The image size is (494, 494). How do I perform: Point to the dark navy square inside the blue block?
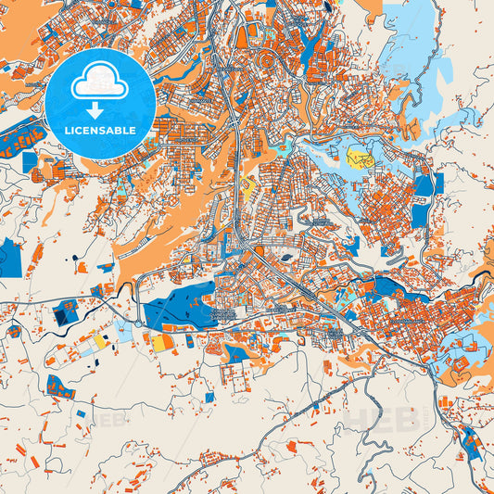click(x=62, y=316)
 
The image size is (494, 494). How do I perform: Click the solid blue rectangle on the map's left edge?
click(x=11, y=258)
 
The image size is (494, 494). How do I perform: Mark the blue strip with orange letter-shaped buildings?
click(x=20, y=141)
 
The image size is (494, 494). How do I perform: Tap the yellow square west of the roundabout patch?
click(x=99, y=341)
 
